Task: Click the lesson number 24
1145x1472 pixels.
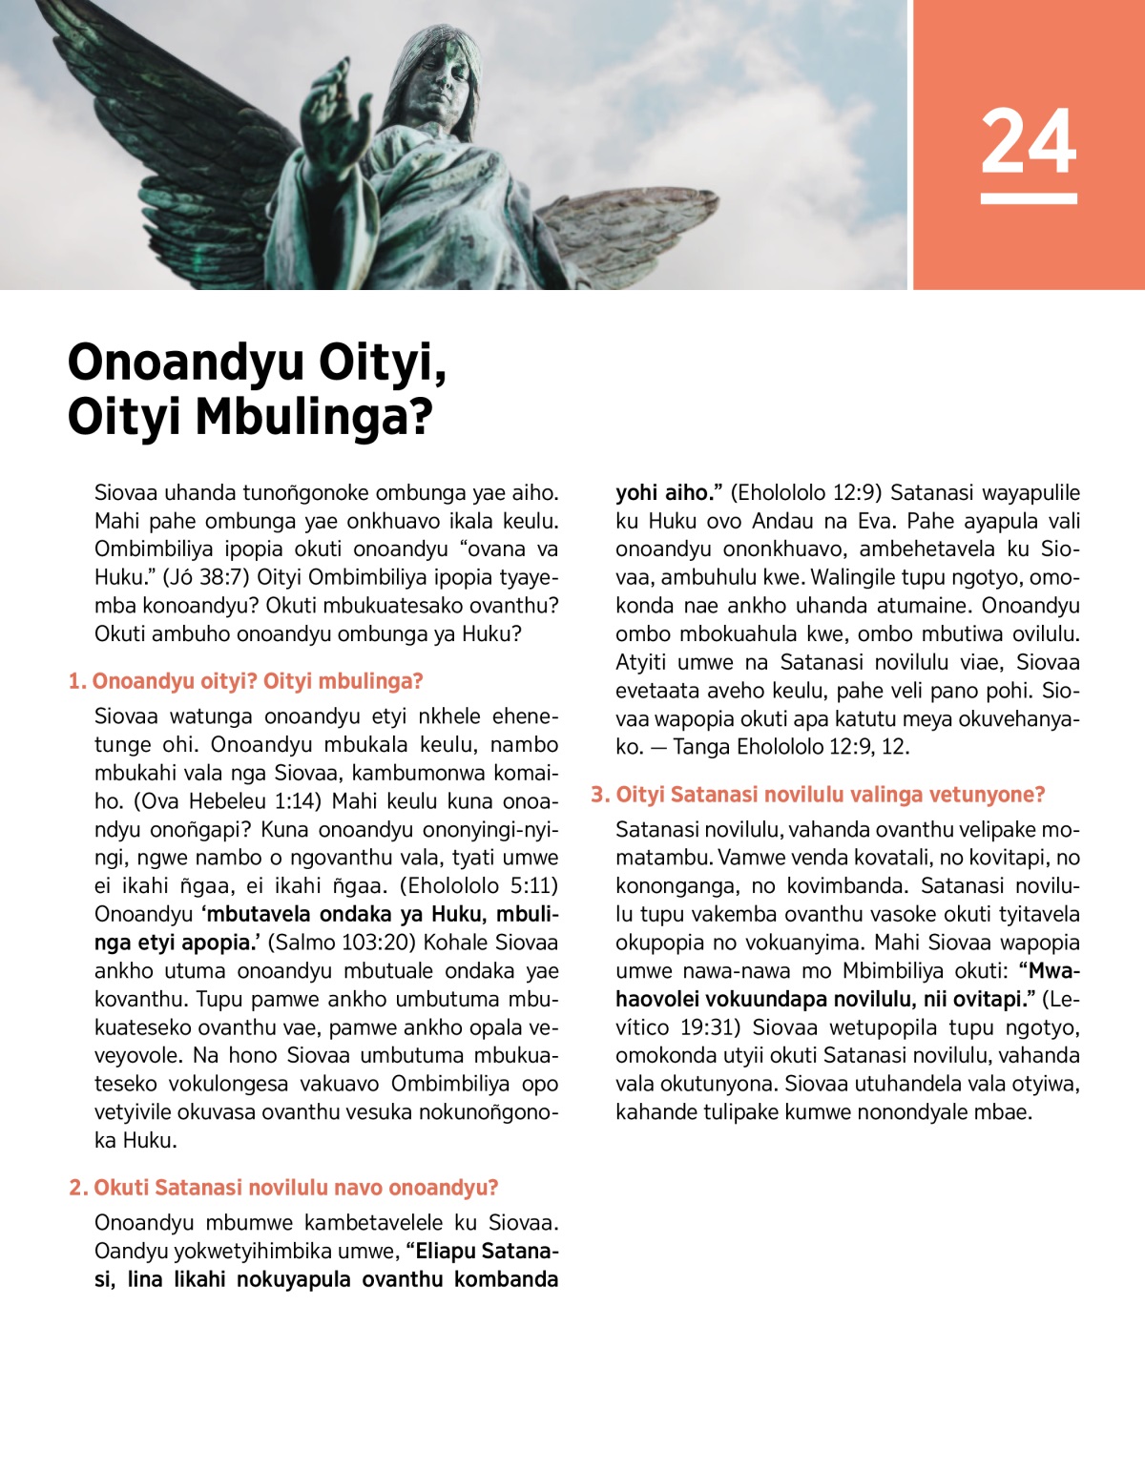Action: (1028, 141)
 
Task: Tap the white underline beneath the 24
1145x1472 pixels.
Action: (1028, 198)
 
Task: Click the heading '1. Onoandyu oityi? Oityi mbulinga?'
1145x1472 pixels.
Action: (245, 681)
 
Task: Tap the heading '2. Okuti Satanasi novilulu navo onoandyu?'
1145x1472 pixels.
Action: (283, 1188)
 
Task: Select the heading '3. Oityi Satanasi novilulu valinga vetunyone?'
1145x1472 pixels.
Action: (818, 795)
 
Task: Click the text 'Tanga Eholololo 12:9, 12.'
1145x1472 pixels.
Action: (791, 747)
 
